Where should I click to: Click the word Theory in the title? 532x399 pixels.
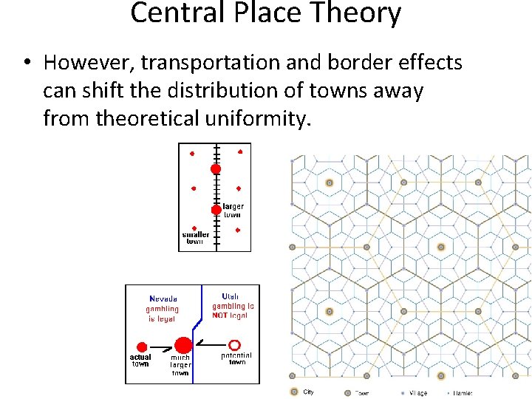tap(356, 13)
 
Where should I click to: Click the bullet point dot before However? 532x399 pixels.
tap(26, 64)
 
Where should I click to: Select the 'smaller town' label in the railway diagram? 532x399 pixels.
tap(195, 238)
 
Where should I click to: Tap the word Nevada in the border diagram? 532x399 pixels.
tap(162, 298)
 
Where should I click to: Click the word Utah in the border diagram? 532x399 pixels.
tap(230, 296)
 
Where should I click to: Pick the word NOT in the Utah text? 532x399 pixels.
tap(220, 316)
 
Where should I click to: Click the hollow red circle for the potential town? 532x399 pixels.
tap(234, 344)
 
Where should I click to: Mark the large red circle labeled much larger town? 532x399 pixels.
tap(183, 345)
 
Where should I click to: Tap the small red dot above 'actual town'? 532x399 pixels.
tap(140, 345)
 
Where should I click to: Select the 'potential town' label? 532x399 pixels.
tap(236, 359)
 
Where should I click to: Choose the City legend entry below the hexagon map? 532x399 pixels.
tap(303, 392)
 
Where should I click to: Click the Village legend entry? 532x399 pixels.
tap(413, 393)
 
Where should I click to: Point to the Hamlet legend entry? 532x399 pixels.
tap(459, 393)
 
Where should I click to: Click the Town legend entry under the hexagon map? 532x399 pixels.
tap(358, 393)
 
